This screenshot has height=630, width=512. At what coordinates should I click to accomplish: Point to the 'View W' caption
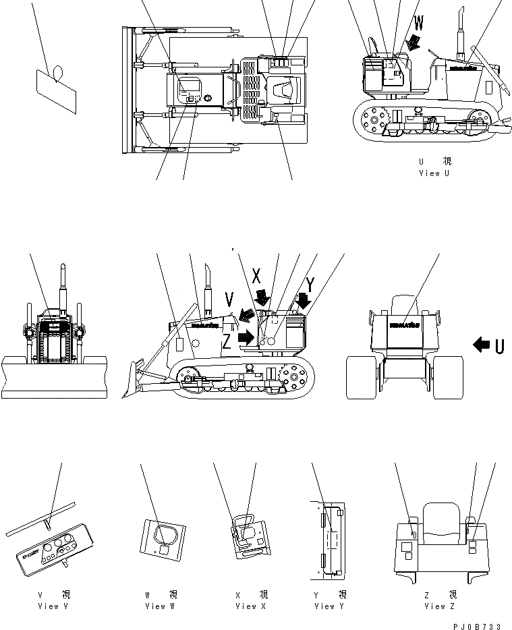[161, 606]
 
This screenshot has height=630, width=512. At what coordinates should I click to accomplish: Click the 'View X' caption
[251, 606]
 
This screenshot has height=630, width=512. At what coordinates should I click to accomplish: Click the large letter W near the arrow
[419, 25]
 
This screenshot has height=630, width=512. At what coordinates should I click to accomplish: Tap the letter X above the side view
[256, 275]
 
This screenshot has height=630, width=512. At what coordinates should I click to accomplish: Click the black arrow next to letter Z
[246, 336]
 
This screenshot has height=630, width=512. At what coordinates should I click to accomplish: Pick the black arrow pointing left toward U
[482, 345]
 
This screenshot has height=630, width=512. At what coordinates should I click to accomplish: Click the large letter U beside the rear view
[499, 346]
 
